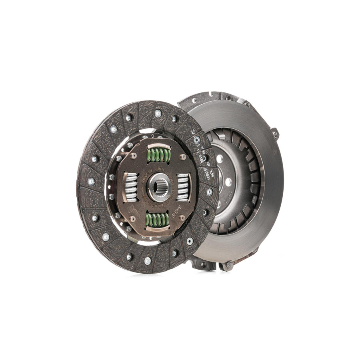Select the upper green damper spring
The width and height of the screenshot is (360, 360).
[x=158, y=155]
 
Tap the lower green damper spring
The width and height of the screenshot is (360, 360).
[x=157, y=220]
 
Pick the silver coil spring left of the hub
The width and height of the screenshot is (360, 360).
[x=131, y=187]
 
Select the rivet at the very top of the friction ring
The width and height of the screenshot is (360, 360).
[x=158, y=113]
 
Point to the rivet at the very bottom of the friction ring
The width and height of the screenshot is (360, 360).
[x=148, y=260]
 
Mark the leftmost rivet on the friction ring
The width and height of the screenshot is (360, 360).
[x=91, y=181]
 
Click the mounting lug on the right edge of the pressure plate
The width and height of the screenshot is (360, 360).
[x=275, y=134]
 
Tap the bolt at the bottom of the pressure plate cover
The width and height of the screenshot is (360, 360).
[x=228, y=265]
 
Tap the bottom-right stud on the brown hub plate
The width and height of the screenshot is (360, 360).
[x=182, y=218]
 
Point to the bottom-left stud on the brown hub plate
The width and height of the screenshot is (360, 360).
[x=132, y=219]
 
